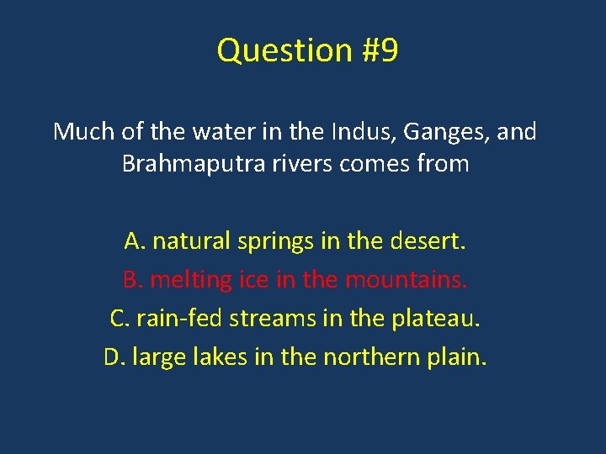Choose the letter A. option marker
[135, 242]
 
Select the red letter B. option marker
[134, 280]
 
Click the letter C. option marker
[120, 319]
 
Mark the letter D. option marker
[114, 358]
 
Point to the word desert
[428, 242]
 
